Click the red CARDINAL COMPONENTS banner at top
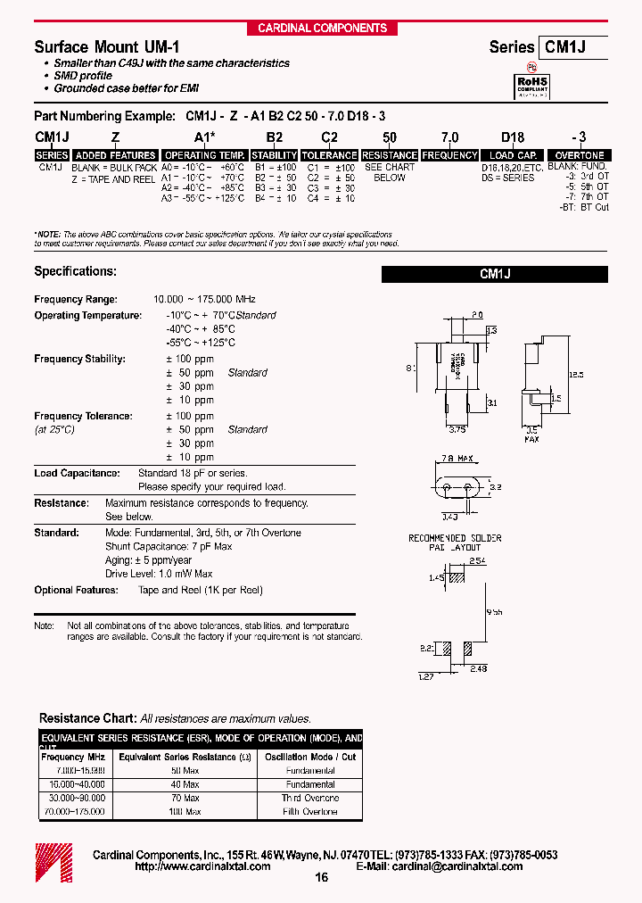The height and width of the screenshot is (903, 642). (x=322, y=28)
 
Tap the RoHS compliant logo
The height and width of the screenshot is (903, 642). (x=533, y=85)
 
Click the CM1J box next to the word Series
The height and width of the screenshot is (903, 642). (x=572, y=47)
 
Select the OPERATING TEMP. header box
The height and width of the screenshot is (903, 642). (x=205, y=155)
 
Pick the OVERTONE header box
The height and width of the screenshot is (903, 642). (x=580, y=155)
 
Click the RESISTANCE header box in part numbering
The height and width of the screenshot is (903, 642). (x=390, y=155)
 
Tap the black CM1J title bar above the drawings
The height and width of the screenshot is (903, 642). (x=494, y=275)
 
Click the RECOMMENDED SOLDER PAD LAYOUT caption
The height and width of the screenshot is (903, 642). (x=455, y=543)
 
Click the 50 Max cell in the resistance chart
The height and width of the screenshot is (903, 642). (x=185, y=770)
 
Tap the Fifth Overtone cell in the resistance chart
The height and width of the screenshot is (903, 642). (x=309, y=812)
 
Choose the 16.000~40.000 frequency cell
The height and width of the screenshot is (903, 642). (x=74, y=784)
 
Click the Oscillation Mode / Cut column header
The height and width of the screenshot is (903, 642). (x=309, y=757)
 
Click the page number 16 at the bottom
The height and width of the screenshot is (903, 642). (x=322, y=878)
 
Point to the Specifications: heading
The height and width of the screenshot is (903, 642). (x=75, y=271)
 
